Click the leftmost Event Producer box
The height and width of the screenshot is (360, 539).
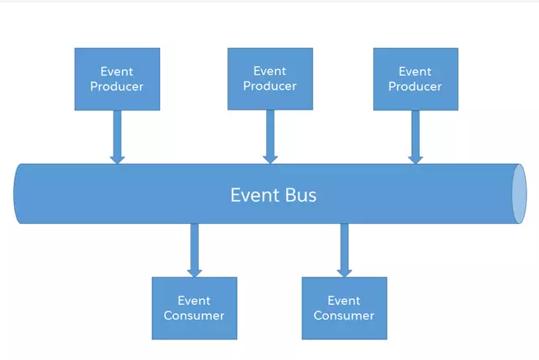(117, 78)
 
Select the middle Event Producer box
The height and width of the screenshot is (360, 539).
(269, 78)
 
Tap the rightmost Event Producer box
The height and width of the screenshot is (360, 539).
(415, 78)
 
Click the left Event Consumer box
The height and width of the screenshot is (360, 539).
(194, 307)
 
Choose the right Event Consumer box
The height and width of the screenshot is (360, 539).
(344, 307)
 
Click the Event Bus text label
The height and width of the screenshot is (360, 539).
(273, 195)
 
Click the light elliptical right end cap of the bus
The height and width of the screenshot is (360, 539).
(518, 194)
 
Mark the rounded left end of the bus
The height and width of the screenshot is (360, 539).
(20, 194)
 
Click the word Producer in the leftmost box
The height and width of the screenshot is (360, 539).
(117, 86)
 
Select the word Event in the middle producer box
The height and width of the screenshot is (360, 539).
(269, 71)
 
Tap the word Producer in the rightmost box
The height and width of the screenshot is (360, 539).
(415, 86)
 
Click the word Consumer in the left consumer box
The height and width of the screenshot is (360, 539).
(194, 316)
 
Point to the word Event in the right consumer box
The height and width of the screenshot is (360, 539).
(344, 301)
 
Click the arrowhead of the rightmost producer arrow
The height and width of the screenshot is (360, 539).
(415, 157)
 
